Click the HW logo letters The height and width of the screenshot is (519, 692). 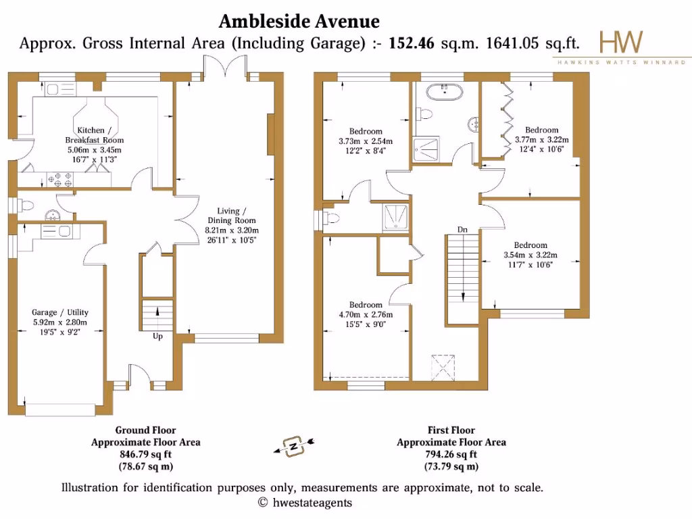tap(621, 42)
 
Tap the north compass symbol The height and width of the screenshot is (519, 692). tap(295, 445)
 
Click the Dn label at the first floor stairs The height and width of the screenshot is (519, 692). tap(462, 230)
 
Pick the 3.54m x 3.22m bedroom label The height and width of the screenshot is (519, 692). tap(530, 250)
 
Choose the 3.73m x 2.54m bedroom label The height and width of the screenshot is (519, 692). tap(365, 141)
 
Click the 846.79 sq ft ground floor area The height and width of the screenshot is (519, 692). tap(145, 455)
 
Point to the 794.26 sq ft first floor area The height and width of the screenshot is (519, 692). tap(451, 455)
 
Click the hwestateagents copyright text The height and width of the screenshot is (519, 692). tap(305, 502)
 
